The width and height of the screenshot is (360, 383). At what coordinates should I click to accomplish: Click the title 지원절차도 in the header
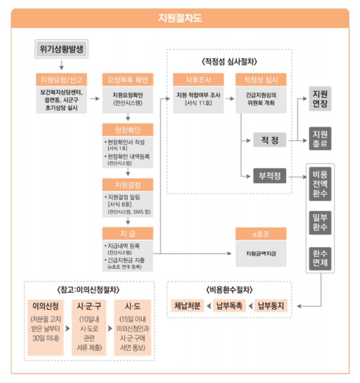[180, 18]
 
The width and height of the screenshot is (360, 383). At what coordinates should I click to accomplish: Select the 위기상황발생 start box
[61, 48]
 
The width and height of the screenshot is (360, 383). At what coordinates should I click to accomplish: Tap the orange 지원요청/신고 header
[61, 80]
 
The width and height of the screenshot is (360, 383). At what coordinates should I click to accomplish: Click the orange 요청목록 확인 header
[128, 80]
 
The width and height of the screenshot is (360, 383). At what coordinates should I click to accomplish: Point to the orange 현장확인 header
[128, 130]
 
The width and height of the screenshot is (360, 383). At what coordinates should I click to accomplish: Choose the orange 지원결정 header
[128, 185]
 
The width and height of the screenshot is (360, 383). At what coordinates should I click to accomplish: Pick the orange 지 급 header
[128, 233]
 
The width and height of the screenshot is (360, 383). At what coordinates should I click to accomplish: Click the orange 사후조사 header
[198, 80]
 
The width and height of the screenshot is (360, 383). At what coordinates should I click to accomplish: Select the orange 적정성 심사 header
[261, 80]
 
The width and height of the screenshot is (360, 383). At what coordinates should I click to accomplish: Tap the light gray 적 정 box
[270, 140]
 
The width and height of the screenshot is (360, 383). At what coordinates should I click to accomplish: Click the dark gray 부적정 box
[270, 177]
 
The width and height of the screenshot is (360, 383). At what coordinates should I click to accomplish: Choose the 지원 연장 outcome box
[320, 98]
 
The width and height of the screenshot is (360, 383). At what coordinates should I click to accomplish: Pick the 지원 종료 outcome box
[320, 139]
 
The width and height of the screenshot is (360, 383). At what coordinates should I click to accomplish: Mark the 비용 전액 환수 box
[320, 183]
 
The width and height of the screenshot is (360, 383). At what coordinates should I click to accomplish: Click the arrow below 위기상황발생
[61, 64]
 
